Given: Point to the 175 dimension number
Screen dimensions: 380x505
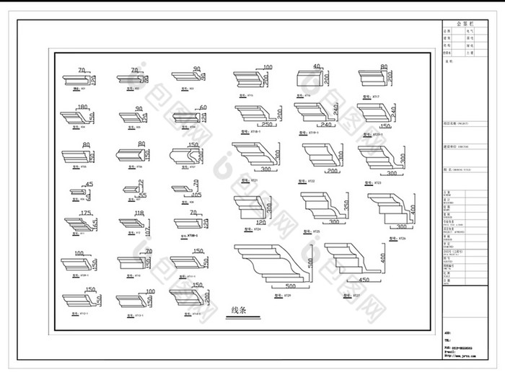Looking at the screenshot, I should point(85,213).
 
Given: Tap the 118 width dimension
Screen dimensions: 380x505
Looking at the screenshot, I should point(139,213).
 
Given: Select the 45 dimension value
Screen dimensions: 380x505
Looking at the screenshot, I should point(89,185).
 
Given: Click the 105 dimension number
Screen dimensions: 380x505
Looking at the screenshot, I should point(196,195).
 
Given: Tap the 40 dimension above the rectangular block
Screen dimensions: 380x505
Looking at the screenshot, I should point(316,67).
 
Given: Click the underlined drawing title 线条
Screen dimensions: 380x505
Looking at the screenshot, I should point(238,311).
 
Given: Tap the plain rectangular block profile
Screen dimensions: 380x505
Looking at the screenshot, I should point(312,79).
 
